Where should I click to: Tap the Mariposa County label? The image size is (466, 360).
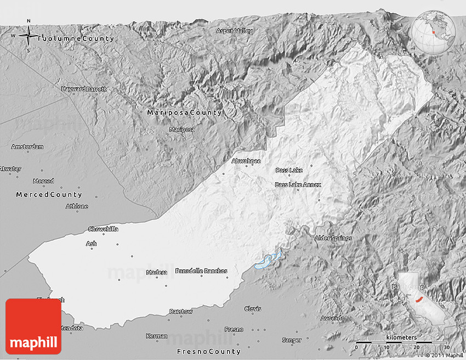[x=184, y=113]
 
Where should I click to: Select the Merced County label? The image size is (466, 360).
[x=49, y=195]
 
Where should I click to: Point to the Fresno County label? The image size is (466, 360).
[x=208, y=351]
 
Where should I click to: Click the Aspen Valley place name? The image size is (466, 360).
[x=235, y=31]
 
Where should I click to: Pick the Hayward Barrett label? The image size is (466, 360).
[x=84, y=88]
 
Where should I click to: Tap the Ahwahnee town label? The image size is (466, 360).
[x=246, y=161]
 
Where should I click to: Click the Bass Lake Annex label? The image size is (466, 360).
[x=298, y=185]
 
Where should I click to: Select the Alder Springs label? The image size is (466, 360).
[x=333, y=238]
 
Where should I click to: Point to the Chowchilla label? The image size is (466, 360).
[x=103, y=229]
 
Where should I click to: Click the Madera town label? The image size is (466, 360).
[x=157, y=272]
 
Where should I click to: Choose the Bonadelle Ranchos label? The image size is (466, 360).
[x=201, y=271]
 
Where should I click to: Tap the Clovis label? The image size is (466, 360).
[x=253, y=309]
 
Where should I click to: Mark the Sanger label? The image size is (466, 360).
[x=292, y=340]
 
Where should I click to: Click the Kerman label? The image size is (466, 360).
[x=157, y=336]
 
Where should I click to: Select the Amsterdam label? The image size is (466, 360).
[x=27, y=147]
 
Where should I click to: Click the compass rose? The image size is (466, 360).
[x=28, y=36]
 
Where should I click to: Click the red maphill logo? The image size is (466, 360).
[x=33, y=327]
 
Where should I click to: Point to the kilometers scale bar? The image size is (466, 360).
[x=401, y=342]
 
